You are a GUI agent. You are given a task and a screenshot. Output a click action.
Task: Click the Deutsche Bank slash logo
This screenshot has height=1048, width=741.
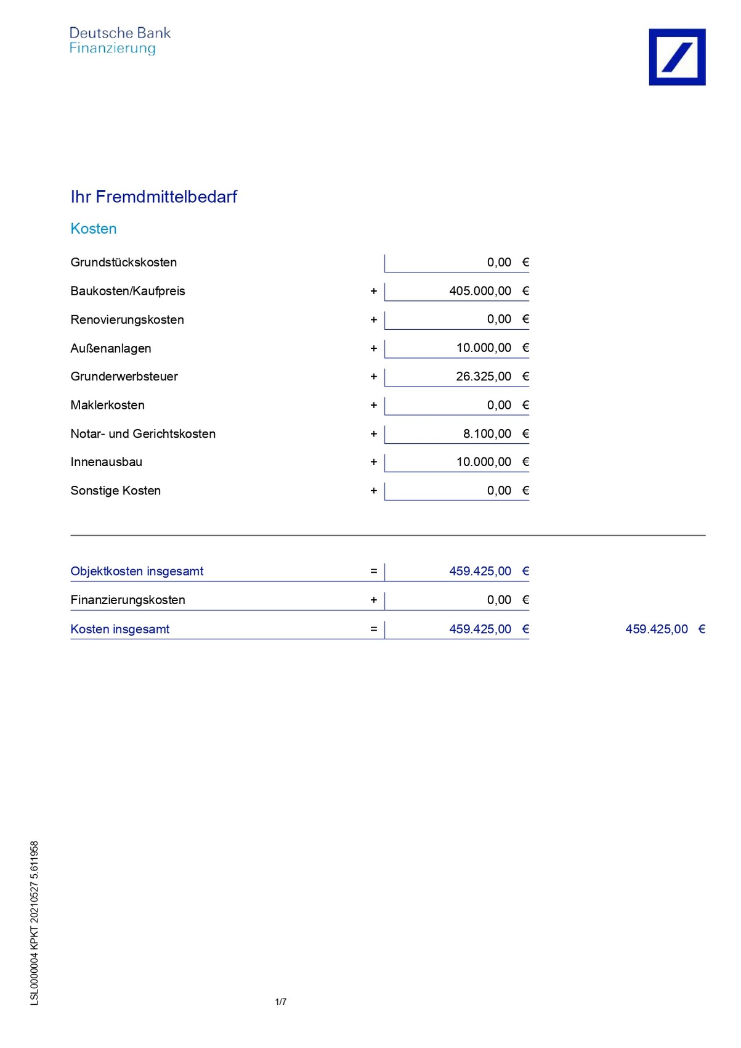[676, 57]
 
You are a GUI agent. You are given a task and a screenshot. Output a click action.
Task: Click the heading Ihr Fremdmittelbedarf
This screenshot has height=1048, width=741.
[153, 197]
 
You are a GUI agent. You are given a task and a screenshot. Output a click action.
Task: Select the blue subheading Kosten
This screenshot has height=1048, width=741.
[94, 229]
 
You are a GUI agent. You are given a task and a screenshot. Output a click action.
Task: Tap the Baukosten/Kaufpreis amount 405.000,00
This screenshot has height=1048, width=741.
[480, 291]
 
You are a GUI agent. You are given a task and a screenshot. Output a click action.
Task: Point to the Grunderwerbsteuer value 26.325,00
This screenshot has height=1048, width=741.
[483, 376]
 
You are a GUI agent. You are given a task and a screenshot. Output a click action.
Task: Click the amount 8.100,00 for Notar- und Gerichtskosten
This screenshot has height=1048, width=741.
[487, 433]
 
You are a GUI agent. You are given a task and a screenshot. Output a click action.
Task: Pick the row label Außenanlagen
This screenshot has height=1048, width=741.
[111, 348]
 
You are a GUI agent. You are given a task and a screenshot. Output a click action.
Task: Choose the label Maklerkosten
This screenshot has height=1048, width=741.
[107, 405]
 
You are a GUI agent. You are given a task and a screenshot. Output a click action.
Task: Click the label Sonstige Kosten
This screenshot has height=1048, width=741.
[115, 491]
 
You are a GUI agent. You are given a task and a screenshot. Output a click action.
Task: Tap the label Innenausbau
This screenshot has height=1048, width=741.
[106, 462]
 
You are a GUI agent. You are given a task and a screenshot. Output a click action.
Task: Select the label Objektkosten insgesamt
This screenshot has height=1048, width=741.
[137, 571]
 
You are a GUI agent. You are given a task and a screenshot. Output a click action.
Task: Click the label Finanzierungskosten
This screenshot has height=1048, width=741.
[128, 600]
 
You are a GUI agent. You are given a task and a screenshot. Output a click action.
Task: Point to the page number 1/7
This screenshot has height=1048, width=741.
[280, 1002]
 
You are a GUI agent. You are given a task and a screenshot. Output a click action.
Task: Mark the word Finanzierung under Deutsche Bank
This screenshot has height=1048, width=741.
[112, 48]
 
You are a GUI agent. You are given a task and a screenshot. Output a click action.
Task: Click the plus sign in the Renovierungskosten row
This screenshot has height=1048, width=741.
[373, 320]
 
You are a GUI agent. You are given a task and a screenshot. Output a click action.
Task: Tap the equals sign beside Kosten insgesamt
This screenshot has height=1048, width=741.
[373, 629]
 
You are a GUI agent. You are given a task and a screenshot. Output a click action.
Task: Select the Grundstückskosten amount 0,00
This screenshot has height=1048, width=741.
[499, 263]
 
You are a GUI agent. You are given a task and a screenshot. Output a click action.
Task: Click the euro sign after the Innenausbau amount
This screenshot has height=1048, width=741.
[525, 462]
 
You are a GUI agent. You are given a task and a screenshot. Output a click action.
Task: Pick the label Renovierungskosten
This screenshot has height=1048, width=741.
[127, 319]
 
